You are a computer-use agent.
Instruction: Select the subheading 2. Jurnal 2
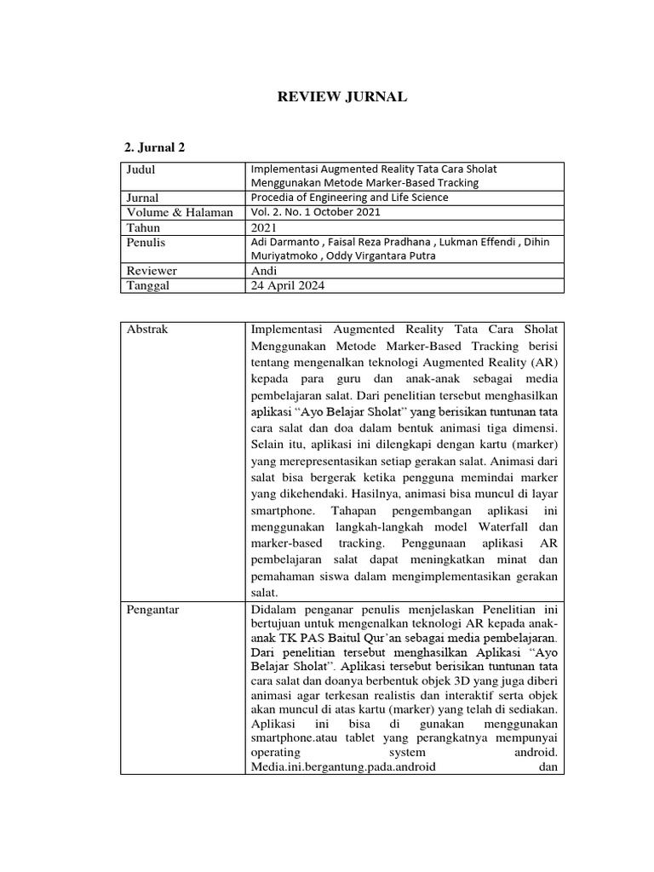point(155,147)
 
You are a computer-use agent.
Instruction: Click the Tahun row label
point(143,227)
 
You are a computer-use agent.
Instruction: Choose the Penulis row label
point(146,243)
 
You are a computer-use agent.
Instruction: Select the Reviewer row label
point(152,271)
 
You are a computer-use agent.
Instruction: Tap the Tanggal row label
point(148,285)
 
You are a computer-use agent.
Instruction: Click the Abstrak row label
point(146,330)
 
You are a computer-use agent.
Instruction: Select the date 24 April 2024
point(287,285)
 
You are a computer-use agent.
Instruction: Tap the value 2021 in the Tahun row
point(265,227)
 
